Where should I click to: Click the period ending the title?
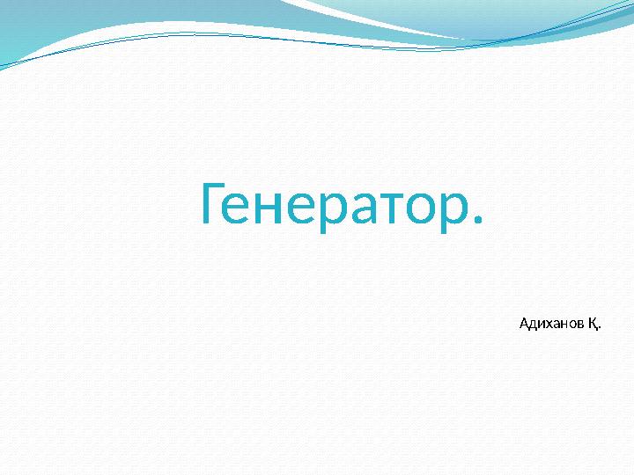(x=478, y=221)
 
